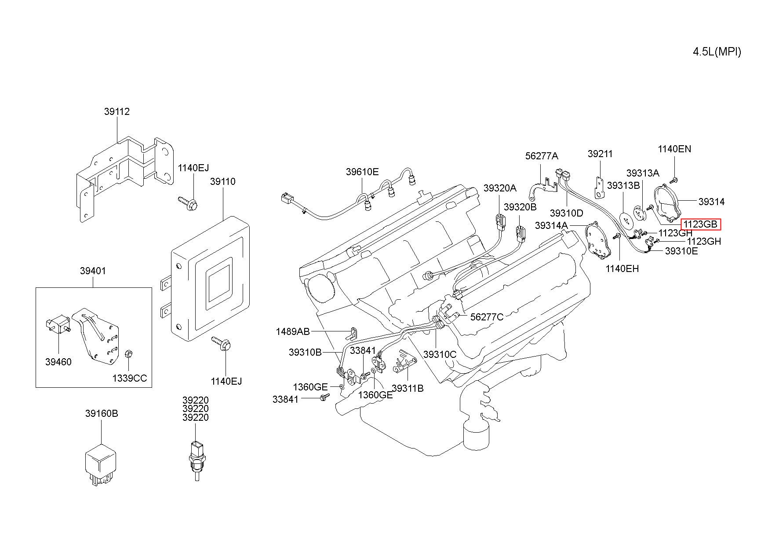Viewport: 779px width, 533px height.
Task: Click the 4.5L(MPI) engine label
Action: (x=717, y=52)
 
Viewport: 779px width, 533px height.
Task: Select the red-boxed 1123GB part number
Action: (x=700, y=224)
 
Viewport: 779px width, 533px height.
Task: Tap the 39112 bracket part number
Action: (x=117, y=112)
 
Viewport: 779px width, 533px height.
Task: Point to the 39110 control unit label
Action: (x=222, y=182)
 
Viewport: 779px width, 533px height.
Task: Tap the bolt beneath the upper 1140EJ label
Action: (x=188, y=203)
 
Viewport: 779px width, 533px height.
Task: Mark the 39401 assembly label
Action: (x=93, y=271)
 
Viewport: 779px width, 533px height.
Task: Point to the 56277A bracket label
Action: (x=542, y=156)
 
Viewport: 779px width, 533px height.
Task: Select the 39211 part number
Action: (x=600, y=154)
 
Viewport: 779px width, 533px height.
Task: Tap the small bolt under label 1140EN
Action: (x=674, y=180)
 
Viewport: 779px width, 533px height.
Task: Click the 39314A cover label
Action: (x=551, y=226)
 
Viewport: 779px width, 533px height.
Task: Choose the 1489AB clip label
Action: (x=293, y=331)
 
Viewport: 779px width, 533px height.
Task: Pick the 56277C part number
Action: (x=487, y=317)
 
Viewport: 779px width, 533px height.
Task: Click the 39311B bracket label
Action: (x=408, y=388)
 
